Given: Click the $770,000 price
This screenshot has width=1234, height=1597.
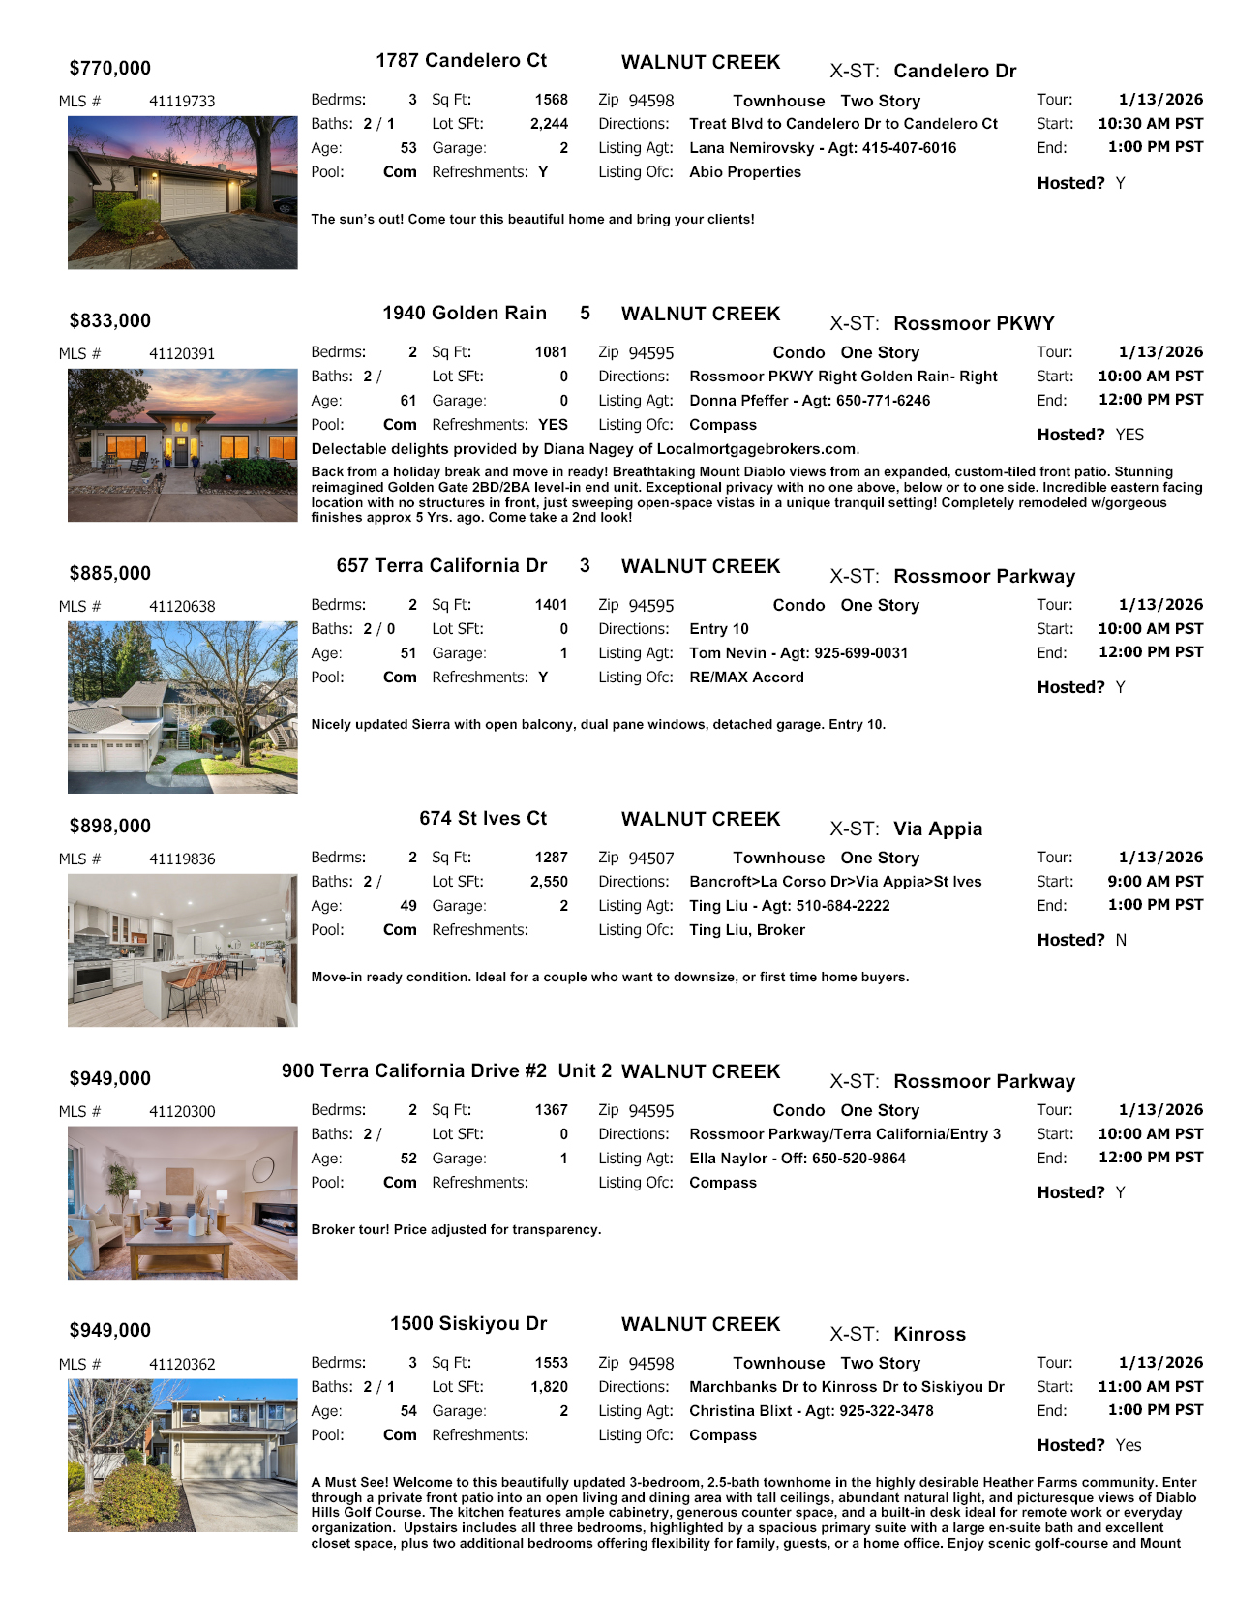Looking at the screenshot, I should (110, 69).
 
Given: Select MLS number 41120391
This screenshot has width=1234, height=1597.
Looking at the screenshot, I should (182, 354).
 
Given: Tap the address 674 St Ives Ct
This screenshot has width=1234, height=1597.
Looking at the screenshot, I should (483, 819).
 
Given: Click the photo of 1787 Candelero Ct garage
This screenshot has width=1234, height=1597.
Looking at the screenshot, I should (183, 193).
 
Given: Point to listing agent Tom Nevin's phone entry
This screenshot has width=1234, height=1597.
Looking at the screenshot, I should (798, 653).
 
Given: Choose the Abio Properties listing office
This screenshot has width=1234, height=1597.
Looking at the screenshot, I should (745, 172).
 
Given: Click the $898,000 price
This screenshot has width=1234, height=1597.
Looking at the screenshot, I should (110, 827).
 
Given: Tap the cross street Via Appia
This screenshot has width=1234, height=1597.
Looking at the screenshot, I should (938, 829).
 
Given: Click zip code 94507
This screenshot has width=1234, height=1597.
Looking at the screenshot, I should (651, 859).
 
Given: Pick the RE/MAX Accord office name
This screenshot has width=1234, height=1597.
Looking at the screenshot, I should (746, 678).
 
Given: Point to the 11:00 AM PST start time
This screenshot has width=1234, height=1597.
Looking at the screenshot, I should (1150, 1387).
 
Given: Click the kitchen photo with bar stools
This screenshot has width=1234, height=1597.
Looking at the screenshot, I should (183, 950).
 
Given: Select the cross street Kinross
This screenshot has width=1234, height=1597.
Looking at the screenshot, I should (929, 1335).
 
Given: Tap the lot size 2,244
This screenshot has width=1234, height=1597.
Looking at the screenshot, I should (549, 124).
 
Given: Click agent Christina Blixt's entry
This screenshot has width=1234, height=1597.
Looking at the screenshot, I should (811, 1411).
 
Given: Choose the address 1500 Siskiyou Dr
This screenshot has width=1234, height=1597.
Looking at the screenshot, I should (468, 1324).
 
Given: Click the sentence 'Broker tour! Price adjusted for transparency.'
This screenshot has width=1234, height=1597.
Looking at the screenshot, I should (456, 1230).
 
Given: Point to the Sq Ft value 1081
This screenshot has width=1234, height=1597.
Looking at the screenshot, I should (551, 352).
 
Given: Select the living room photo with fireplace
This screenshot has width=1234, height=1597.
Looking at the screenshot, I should (183, 1203).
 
